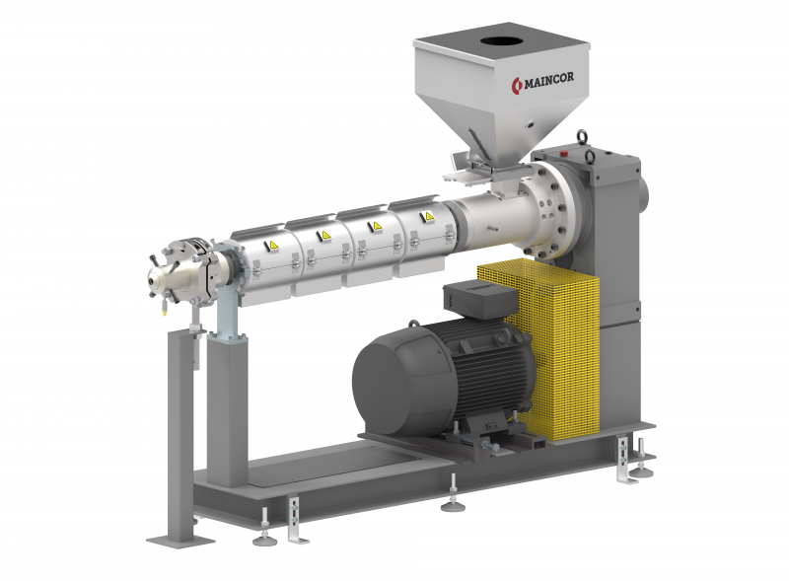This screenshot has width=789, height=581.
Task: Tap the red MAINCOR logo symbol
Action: pos(517,86)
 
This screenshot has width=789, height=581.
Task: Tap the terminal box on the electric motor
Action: pos(479,298)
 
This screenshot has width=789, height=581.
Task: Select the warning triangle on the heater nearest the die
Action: pos(273,246)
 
